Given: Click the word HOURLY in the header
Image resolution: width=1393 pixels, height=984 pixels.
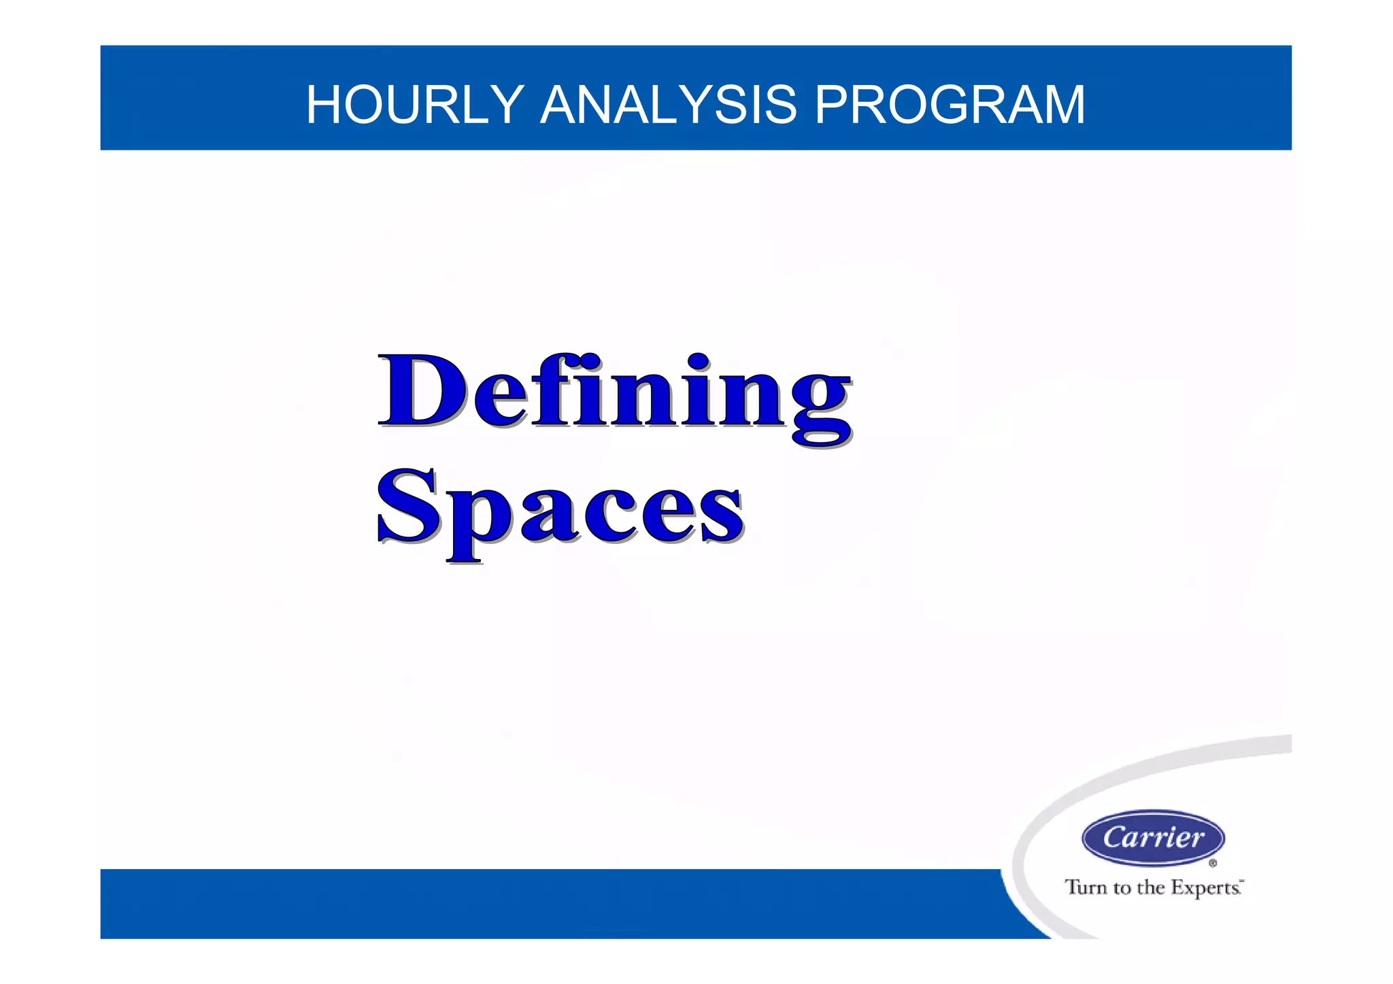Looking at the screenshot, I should click(x=414, y=105).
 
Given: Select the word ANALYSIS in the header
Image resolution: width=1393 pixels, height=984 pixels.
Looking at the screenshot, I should click(x=668, y=105).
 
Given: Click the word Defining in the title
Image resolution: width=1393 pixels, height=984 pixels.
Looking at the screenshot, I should click(x=614, y=394).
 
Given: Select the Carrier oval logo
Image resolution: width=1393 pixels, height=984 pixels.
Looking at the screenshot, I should click(x=1153, y=837).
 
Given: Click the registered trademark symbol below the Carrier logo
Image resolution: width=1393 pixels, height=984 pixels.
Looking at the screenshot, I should click(x=1213, y=864).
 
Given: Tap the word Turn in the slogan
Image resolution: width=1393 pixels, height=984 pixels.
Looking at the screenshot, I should click(x=1086, y=887).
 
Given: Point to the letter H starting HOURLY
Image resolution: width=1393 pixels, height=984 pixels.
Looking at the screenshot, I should click(x=324, y=105).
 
